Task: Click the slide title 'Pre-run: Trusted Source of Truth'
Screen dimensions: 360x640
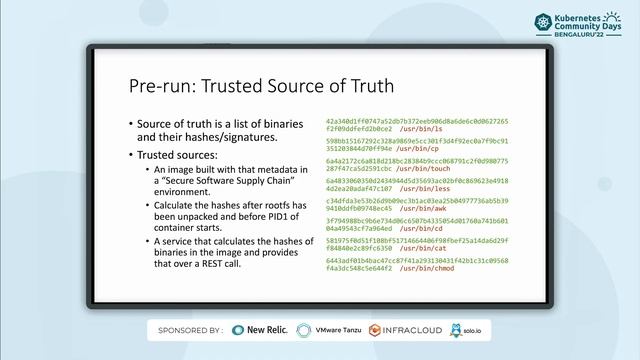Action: click(261, 87)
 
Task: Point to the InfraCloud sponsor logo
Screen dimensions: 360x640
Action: click(404, 329)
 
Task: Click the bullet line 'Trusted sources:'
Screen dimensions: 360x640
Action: click(176, 156)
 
